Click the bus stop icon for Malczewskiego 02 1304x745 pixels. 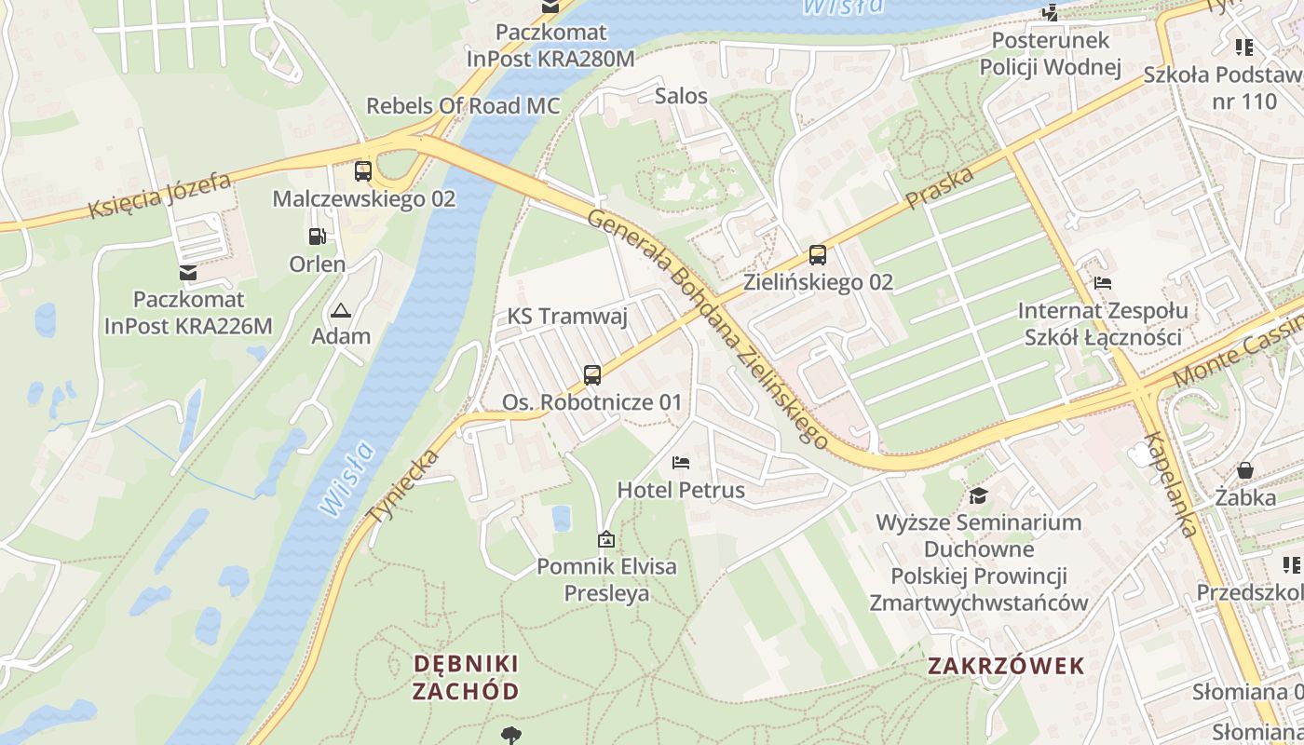click(363, 171)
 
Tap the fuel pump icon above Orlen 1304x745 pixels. click(318, 237)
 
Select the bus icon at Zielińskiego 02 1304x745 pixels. click(818, 254)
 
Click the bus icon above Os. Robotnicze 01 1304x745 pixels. click(592, 375)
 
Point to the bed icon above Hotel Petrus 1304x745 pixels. click(681, 463)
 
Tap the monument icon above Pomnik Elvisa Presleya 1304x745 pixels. click(606, 538)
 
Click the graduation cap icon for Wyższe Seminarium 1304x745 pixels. click(978, 495)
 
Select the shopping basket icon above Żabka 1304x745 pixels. click(1244, 470)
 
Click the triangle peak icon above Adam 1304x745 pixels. click(341, 310)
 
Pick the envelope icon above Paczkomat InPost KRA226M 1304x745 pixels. click(188, 273)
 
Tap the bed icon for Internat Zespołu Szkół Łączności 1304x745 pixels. click(1103, 283)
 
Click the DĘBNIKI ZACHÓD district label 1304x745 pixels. click(466, 677)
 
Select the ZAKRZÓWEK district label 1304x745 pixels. click(1007, 666)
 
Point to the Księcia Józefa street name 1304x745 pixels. click(159, 196)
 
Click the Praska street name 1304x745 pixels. click(940, 188)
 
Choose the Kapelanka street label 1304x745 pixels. click(1170, 485)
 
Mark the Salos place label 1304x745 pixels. click(681, 96)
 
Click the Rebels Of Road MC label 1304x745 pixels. click(463, 105)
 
